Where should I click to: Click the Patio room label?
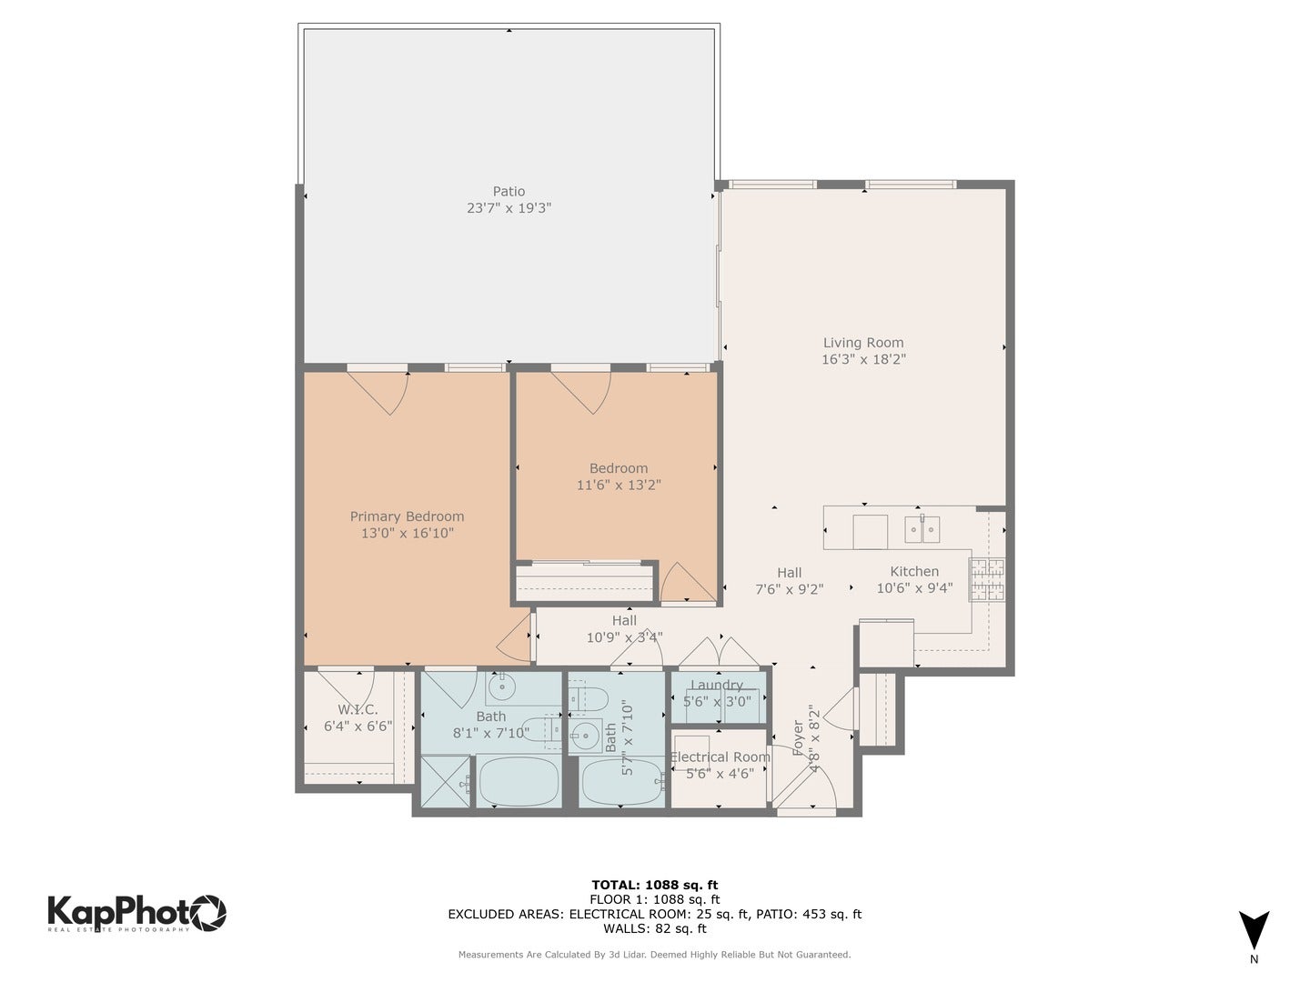509,191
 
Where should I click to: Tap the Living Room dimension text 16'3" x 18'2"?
863,359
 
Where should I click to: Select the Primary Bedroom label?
407,516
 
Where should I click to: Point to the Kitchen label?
914,571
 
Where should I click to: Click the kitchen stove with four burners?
987,579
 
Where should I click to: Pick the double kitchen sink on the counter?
922,528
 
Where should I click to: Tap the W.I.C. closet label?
358,709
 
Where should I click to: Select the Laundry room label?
717,686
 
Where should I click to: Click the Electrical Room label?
720,757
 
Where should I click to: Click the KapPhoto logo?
136,912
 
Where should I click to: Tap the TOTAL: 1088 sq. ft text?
655,885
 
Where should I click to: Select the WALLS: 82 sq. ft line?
655,928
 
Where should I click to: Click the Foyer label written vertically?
798,737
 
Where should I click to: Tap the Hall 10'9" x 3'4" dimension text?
624,637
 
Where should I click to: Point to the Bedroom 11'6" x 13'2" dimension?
619,485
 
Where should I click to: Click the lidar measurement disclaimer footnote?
655,955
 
